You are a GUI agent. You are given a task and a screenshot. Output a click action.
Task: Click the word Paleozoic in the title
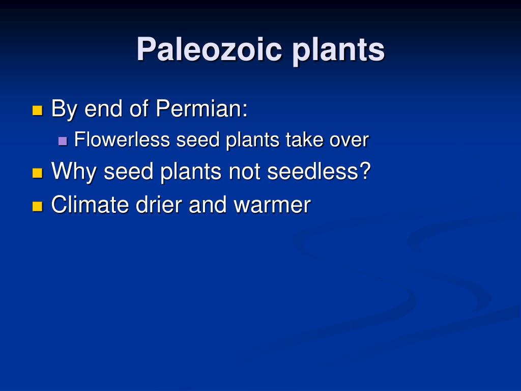(209, 50)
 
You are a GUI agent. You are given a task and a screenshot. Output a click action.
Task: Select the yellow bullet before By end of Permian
(37, 110)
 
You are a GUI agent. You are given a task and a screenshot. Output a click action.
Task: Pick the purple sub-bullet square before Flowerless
(63, 141)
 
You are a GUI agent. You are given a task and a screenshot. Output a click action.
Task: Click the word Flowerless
(122, 139)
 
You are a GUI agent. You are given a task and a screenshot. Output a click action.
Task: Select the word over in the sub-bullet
(349, 139)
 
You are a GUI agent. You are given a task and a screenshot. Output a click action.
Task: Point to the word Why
(75, 172)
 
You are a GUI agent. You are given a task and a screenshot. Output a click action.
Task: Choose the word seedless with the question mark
(319, 171)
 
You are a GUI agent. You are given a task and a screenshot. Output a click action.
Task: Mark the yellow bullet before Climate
(37, 206)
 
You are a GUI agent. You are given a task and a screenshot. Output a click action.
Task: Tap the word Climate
(90, 204)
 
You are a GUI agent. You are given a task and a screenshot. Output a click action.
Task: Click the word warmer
(272, 204)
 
